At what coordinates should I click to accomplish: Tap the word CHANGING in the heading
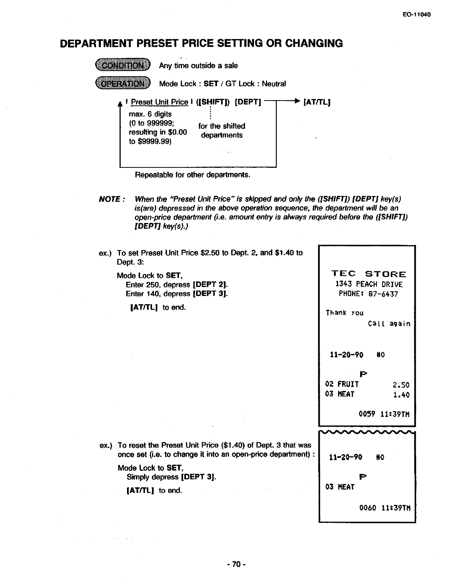point(314,43)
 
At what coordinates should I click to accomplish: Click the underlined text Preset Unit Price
point(160,102)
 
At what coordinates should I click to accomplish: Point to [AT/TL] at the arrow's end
point(317,102)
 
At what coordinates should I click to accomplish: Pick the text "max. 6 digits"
point(150,114)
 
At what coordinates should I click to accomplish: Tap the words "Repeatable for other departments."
point(192,175)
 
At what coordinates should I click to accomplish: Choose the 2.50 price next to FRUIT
point(401,385)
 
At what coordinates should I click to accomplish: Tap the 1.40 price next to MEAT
point(401,395)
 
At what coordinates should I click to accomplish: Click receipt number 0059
point(367,414)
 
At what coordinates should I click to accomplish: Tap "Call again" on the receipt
point(389,324)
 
